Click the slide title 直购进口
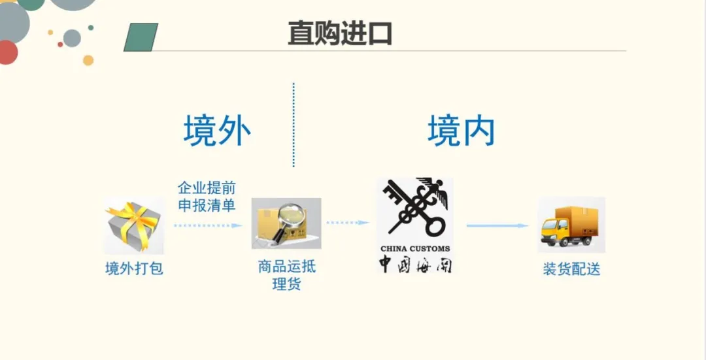pyautogui.click(x=340, y=33)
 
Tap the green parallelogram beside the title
pyautogui.click(x=141, y=37)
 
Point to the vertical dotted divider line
pyautogui.click(x=294, y=124)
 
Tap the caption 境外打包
pyautogui.click(x=134, y=269)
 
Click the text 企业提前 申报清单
pyautogui.click(x=207, y=197)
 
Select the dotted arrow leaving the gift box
pyautogui.click(x=208, y=225)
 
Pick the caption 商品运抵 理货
pyautogui.click(x=287, y=276)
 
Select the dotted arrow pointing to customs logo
pyautogui.click(x=348, y=223)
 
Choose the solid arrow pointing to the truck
pyautogui.click(x=497, y=226)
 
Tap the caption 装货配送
pyautogui.click(x=571, y=269)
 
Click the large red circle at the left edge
pyautogui.click(x=7, y=52)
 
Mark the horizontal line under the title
pyautogui.click(x=392, y=51)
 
